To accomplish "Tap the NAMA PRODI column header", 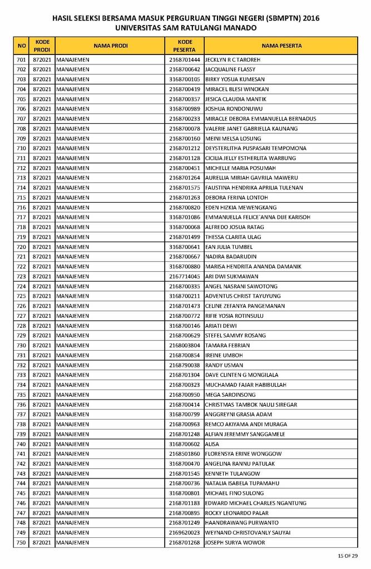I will [x=110, y=46].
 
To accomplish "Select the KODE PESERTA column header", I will [x=185, y=46].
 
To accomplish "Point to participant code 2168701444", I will [x=185, y=59].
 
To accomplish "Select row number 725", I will [x=22, y=296].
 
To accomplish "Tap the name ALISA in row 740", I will [x=212, y=444].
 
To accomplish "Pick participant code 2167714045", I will [x=185, y=276].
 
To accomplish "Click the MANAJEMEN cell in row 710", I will [x=73, y=148].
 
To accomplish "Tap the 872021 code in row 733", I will [x=42, y=375].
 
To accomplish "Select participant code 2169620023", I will [x=185, y=533].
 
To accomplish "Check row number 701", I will [x=22, y=59].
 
